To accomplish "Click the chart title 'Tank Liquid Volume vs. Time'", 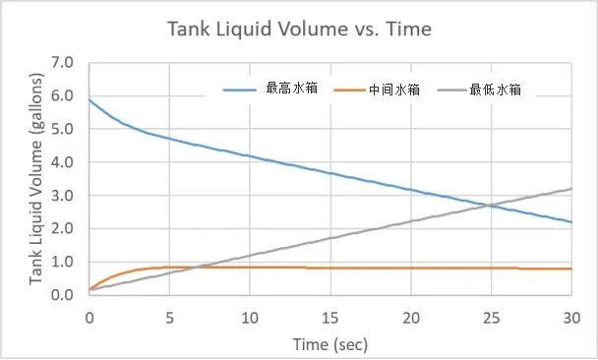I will point(299,30).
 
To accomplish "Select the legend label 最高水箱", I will point(291,90).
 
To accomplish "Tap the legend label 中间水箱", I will point(394,90).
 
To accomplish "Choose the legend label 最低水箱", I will point(495,90).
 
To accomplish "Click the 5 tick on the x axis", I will point(169,317).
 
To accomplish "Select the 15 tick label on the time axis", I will point(330,317).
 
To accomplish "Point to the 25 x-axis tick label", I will point(491,317).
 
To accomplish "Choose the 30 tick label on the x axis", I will point(571,317).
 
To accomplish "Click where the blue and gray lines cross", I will point(489,206).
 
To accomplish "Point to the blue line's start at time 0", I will point(90,99).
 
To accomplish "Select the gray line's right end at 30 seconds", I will point(571,189).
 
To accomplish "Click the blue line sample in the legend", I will point(240,90).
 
